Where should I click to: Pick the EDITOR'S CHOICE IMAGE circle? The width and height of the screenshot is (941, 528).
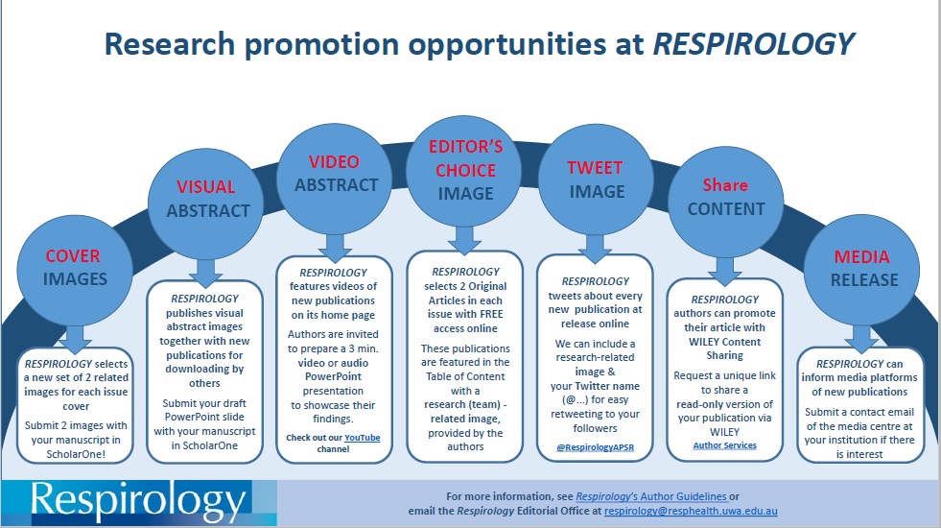click(464, 171)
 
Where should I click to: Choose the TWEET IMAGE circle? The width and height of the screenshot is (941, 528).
click(596, 179)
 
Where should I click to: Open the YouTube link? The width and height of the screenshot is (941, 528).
click(363, 438)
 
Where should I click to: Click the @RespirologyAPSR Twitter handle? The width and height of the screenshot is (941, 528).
click(596, 447)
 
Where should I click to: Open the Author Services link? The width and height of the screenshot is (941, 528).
click(725, 445)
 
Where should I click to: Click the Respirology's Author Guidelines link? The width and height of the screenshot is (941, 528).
click(651, 496)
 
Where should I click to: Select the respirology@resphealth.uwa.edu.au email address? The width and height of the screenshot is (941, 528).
click(691, 511)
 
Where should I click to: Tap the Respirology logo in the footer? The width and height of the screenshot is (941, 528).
click(139, 503)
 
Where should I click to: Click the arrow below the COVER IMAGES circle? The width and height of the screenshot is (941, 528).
click(75, 340)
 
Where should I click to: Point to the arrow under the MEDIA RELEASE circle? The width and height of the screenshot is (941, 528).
click(861, 340)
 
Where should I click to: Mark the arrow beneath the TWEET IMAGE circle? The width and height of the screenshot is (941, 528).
click(595, 249)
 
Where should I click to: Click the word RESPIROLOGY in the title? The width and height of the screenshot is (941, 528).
click(753, 44)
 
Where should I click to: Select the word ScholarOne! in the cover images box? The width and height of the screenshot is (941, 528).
click(76, 454)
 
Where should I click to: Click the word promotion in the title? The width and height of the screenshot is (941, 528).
click(321, 45)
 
